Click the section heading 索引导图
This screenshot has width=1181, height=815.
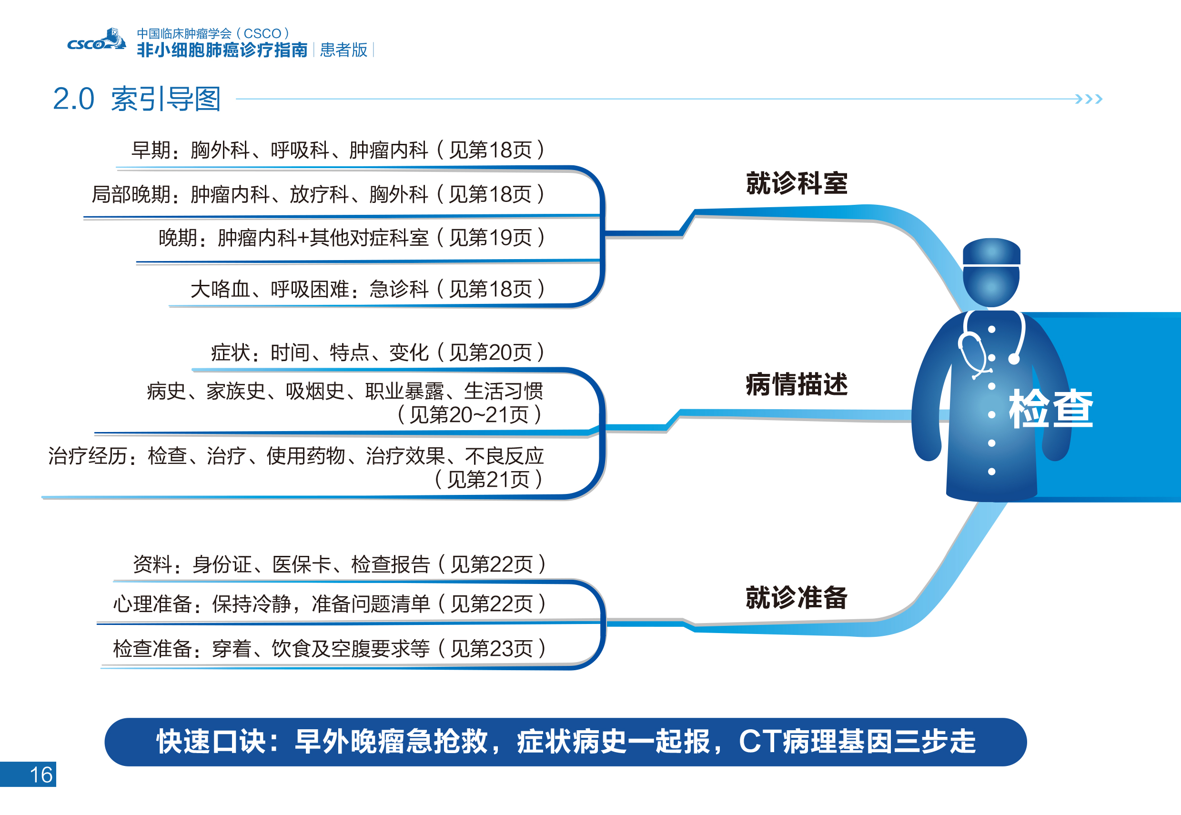165,99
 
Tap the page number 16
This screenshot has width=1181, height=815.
41,775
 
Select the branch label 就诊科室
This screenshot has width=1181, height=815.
796,183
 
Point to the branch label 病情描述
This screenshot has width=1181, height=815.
796,384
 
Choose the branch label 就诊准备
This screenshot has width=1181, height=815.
796,597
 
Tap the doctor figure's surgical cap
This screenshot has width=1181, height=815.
991,251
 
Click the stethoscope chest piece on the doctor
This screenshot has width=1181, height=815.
1014,360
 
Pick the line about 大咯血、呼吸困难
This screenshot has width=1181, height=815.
368,290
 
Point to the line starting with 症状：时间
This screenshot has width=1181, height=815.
378,352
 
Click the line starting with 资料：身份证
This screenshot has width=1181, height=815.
340,564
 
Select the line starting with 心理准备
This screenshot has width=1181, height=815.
330,604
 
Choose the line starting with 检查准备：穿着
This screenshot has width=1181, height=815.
330,649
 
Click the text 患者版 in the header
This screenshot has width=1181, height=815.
343,50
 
